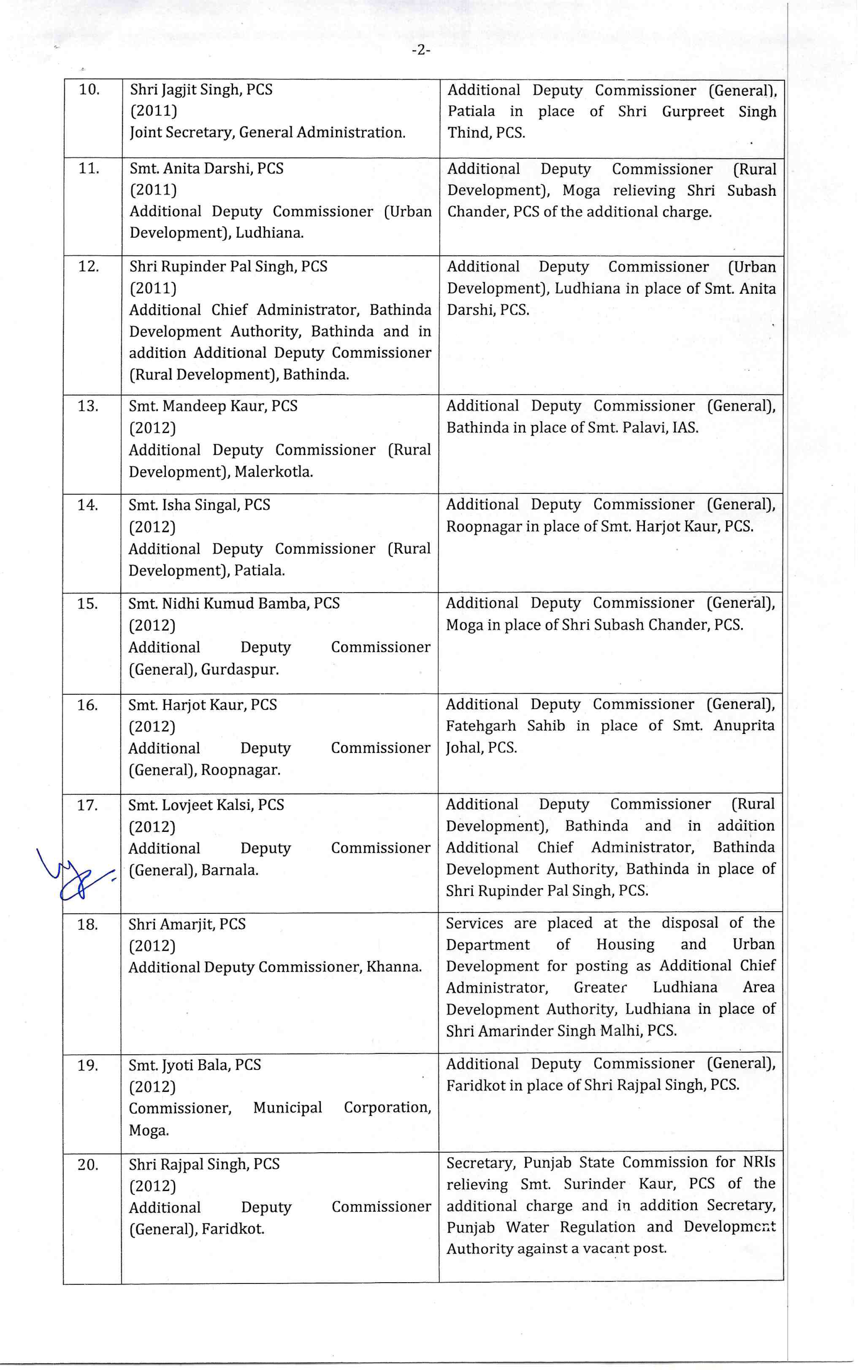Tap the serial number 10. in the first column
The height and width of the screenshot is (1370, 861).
(89, 90)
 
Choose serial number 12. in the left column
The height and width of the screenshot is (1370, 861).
(88, 267)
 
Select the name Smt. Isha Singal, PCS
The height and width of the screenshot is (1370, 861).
(199, 505)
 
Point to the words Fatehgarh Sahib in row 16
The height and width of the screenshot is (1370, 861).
(505, 726)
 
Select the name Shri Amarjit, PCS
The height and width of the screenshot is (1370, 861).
(187, 924)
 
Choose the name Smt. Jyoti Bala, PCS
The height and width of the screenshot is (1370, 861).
(194, 1065)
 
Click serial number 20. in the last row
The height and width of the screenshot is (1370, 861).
(88, 1165)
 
